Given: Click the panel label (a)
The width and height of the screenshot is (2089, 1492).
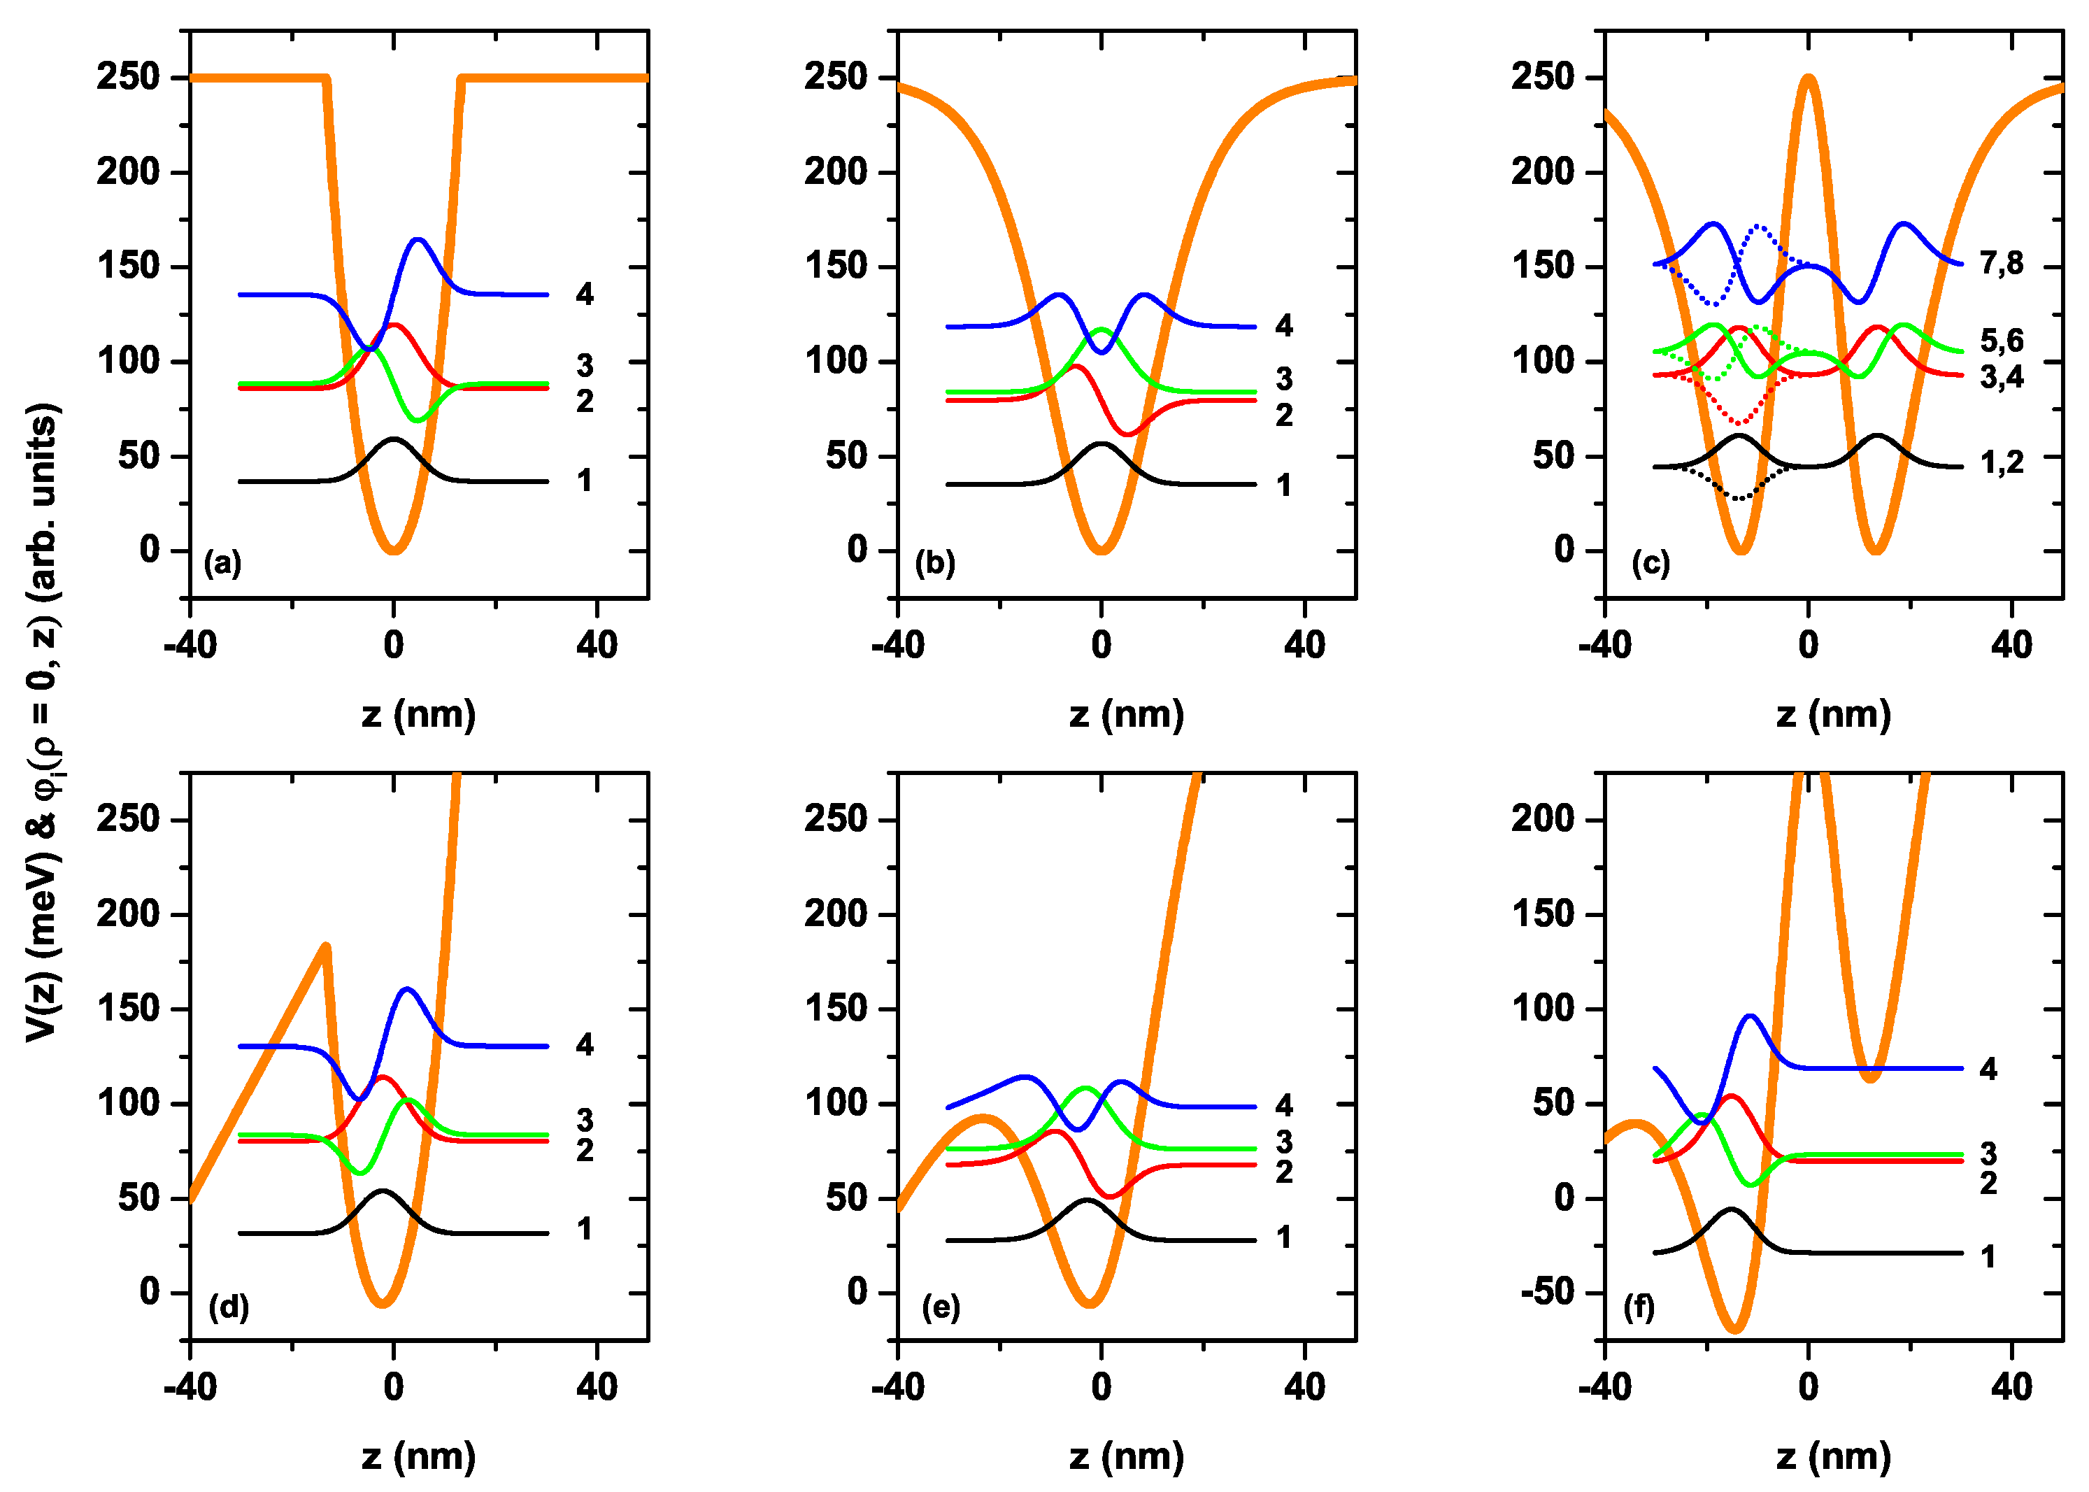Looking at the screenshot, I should coord(222,562).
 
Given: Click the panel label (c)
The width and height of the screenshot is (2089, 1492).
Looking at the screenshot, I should coord(1650,562).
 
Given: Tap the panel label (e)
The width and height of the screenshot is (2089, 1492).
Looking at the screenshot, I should coord(941,1307).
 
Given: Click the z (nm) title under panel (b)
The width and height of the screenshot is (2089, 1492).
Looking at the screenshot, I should coord(1126,715).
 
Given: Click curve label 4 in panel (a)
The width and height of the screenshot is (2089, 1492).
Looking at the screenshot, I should coord(584,294).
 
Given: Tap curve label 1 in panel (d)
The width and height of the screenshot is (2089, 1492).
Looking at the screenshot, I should coord(584,1228).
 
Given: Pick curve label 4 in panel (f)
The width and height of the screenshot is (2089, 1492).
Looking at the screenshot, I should coord(1988,1069).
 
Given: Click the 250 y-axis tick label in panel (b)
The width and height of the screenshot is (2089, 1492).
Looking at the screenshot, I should coord(835,76).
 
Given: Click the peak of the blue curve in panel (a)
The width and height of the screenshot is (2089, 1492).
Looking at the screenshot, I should coord(418,240).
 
